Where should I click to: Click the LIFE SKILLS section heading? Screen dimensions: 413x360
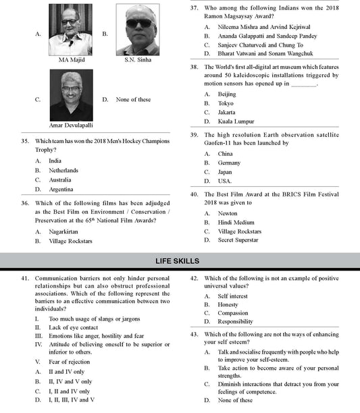180,260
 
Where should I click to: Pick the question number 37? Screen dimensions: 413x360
193,8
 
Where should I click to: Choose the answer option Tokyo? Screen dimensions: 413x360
226,103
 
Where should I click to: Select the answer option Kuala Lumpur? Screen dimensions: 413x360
236,121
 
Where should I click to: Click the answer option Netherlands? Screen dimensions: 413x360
63,171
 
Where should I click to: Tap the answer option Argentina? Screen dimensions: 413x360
61,190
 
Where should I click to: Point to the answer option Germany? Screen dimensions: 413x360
229,163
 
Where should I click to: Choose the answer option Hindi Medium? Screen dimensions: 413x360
236,222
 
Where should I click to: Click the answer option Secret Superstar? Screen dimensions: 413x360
239,240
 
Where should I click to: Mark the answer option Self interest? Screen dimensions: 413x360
232,296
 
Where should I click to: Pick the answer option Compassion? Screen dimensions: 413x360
232,312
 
